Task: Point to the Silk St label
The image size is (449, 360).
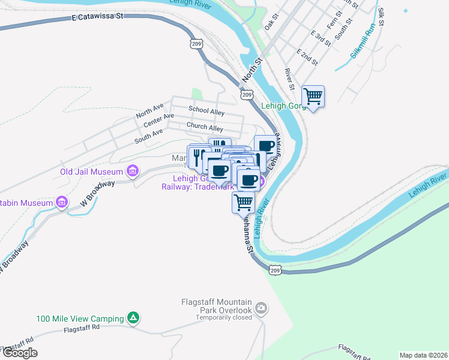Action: tap(381, 17)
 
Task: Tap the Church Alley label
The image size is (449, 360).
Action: tap(204, 127)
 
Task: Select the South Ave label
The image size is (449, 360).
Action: tap(148, 136)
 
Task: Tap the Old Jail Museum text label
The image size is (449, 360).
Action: tap(91, 172)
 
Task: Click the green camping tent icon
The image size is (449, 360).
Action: tap(134, 318)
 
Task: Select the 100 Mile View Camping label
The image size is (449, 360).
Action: tap(79, 319)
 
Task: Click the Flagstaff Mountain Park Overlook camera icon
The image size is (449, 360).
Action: tap(261, 309)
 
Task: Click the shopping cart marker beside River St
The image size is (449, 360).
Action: tap(313, 96)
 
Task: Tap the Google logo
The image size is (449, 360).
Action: tap(20, 353)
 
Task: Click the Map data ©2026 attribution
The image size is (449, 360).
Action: tap(424, 355)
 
